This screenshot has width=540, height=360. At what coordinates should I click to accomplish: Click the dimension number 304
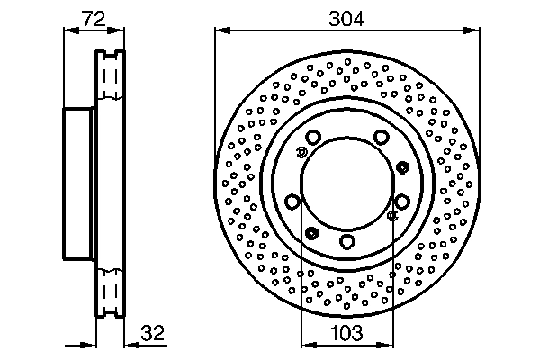(346, 19)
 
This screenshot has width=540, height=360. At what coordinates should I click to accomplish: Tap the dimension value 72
(94, 19)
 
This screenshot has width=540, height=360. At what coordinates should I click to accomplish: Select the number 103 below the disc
(346, 333)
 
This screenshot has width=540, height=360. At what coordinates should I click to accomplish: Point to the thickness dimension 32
(153, 333)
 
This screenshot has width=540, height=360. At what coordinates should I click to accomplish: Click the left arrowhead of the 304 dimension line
(222, 31)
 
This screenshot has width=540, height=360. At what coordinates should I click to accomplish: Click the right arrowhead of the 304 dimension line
(472, 31)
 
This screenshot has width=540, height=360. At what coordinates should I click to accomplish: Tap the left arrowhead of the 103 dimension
(309, 345)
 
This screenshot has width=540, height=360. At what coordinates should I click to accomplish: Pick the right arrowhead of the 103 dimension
(385, 345)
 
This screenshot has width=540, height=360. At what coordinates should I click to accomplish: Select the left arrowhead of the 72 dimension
(72, 31)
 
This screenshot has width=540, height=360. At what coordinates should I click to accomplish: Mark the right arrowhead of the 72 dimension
(116, 31)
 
